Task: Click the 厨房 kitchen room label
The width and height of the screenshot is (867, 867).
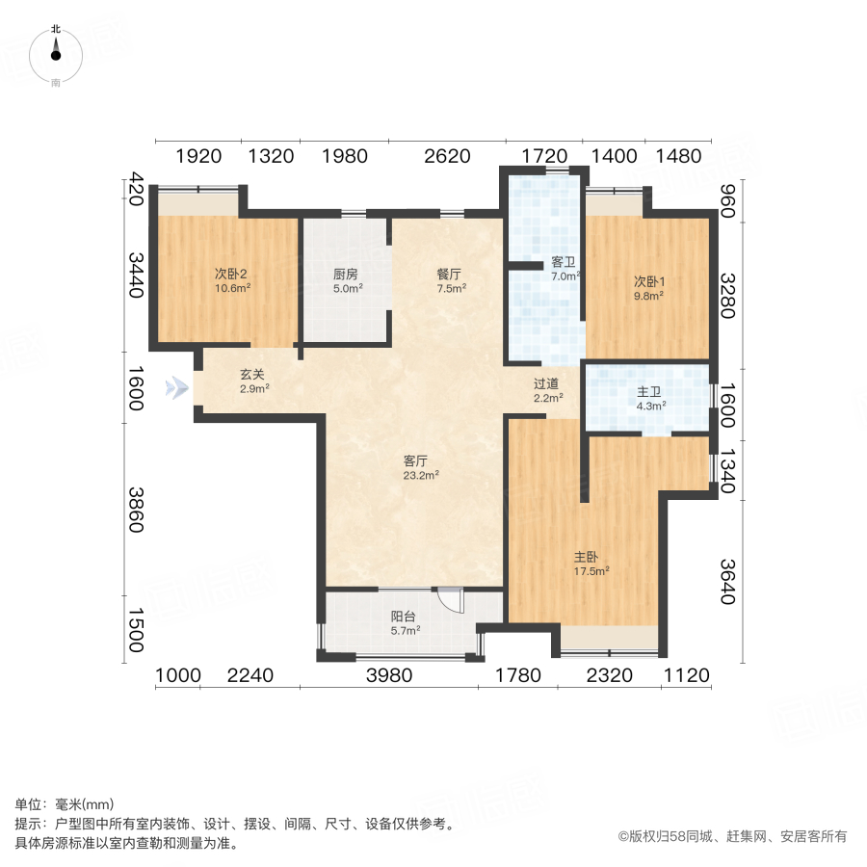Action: tap(346, 273)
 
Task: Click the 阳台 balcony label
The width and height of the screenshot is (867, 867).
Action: tap(404, 617)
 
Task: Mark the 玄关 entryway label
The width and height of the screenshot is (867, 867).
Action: tap(253, 375)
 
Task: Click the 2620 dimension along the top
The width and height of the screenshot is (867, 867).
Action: tap(446, 155)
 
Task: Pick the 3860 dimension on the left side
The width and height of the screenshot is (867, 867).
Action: tap(136, 511)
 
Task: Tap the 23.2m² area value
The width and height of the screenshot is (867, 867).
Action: tap(421, 474)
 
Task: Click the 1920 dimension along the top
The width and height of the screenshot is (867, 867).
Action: tap(199, 155)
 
